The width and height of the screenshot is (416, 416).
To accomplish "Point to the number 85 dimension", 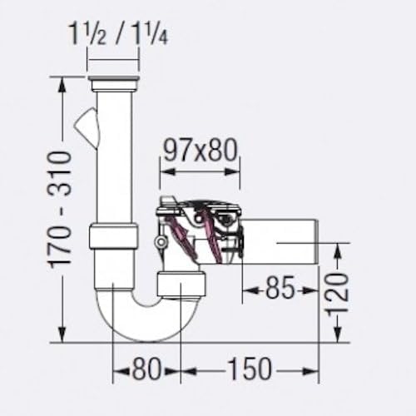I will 280,290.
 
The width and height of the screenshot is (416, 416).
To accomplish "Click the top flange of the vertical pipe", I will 113,83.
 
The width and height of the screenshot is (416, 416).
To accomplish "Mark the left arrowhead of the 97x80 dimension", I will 163,171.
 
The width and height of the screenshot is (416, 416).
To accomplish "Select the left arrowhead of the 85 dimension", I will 247,290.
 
